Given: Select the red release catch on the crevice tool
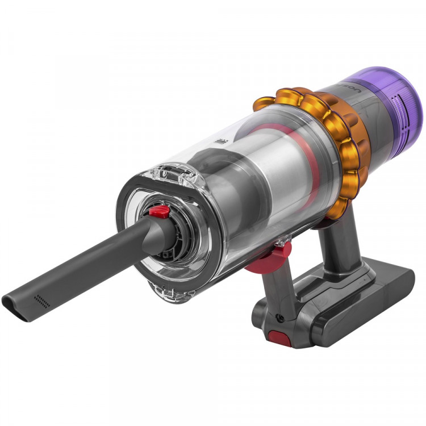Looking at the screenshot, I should tap(160, 212).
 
